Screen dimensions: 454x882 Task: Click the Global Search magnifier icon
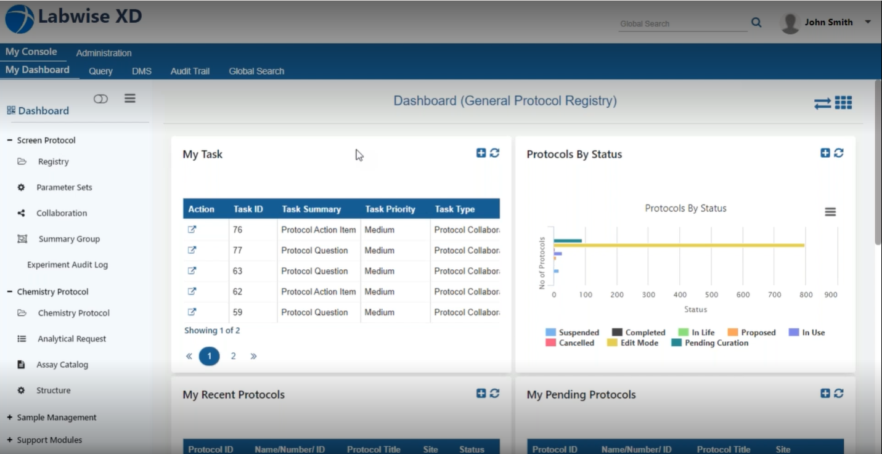[756, 23]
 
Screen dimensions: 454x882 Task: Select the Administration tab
[104, 53]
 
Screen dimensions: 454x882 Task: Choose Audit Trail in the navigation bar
[190, 71]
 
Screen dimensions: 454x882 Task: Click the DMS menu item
[141, 71]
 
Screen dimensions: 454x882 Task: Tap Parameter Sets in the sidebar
[64, 187]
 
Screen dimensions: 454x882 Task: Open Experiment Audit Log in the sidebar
[67, 265]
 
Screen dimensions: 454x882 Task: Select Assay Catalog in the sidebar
[62, 365]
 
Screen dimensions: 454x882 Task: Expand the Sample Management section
[57, 418]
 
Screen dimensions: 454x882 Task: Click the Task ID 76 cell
[238, 230]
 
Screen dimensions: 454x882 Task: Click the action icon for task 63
[192, 270]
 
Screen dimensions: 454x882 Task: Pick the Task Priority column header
[390, 209]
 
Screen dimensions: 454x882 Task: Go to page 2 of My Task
[233, 356]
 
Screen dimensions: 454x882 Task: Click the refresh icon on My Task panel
[495, 153]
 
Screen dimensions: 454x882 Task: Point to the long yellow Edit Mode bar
[678, 245]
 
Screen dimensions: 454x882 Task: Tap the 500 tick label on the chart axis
[711, 295]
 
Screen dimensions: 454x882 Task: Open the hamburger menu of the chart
[830, 212]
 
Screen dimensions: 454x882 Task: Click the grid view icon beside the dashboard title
[844, 103]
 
